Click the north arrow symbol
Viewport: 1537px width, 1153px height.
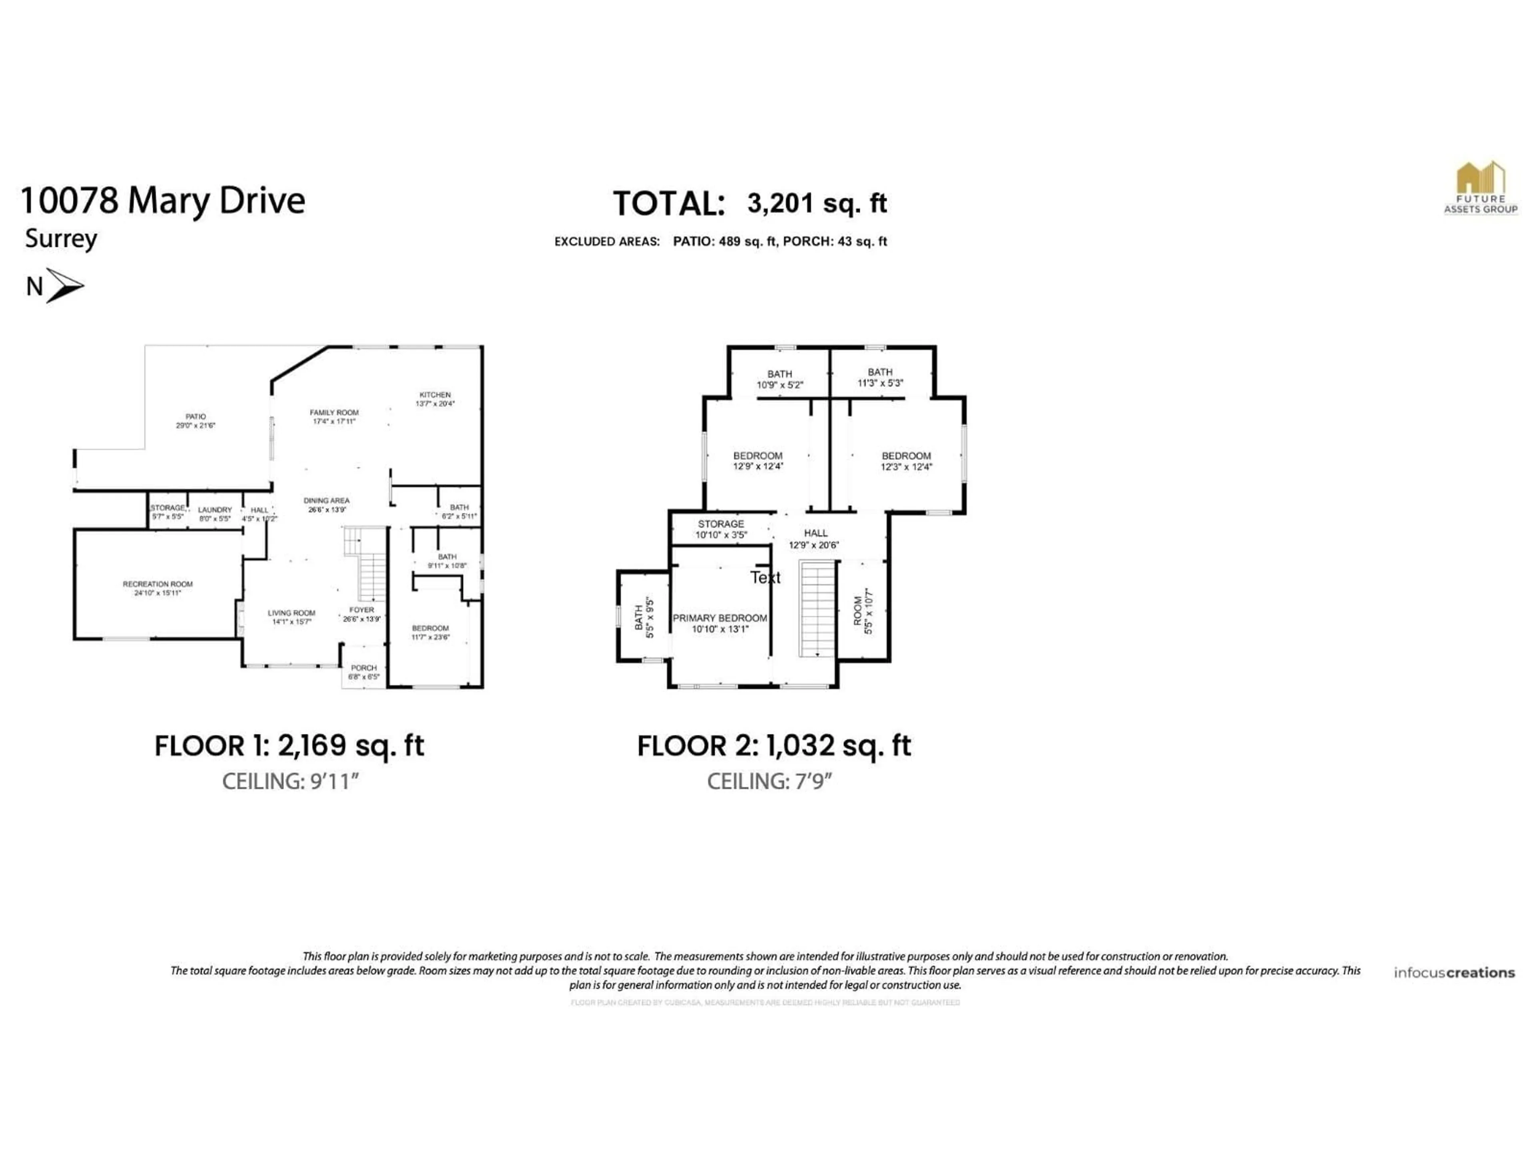64,285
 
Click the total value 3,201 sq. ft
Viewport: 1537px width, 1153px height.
817,203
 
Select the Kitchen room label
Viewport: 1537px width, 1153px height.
435,399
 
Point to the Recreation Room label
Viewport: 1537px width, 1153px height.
158,589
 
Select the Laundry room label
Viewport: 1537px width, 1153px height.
215,514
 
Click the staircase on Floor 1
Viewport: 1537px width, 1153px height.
368,566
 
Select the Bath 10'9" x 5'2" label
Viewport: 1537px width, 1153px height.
780,379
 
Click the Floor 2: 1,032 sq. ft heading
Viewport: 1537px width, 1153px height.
773,746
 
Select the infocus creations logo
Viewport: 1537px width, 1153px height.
1454,972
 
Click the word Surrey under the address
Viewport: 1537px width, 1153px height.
61,238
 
